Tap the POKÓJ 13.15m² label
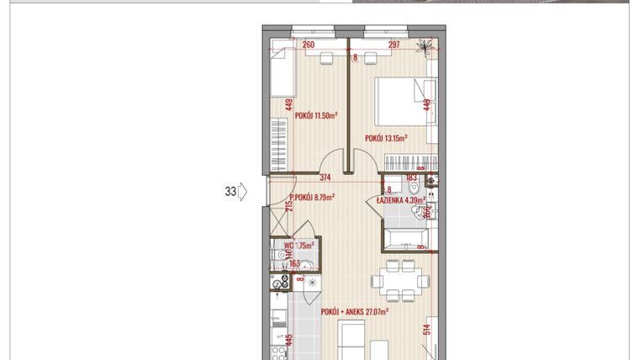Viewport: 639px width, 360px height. tap(386, 138)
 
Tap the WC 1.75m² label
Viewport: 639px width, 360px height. tap(299, 246)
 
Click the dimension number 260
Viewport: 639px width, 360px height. tap(308, 45)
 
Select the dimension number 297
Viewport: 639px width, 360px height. tap(393, 45)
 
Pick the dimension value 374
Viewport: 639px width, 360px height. tap(326, 177)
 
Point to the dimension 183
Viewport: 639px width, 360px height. tap(412, 177)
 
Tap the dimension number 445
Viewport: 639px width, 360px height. tap(288, 340)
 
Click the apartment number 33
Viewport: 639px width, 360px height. tap(230, 192)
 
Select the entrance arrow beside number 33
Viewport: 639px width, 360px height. tap(241, 192)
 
